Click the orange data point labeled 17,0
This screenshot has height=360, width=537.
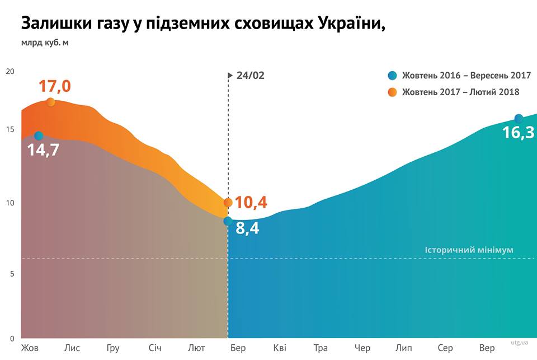[51, 102]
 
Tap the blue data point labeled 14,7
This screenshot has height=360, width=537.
[39, 136]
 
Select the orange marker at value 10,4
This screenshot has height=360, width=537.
[228, 203]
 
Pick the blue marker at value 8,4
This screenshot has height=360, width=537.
[228, 221]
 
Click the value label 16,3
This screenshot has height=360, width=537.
[518, 133]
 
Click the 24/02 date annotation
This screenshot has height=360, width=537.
[250, 76]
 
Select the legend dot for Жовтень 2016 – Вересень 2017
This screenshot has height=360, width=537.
[392, 76]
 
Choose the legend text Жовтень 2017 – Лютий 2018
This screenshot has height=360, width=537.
[461, 92]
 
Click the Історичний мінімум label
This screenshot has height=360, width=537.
[469, 250]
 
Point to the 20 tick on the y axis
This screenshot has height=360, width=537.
[10, 71]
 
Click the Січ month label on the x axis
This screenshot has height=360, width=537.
[155, 348]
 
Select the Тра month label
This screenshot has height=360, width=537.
[321, 348]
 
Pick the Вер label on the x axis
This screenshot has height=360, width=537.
[487, 348]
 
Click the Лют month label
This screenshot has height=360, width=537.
[196, 348]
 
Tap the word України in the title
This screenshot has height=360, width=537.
[350, 24]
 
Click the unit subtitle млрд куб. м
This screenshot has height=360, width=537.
[45, 42]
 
